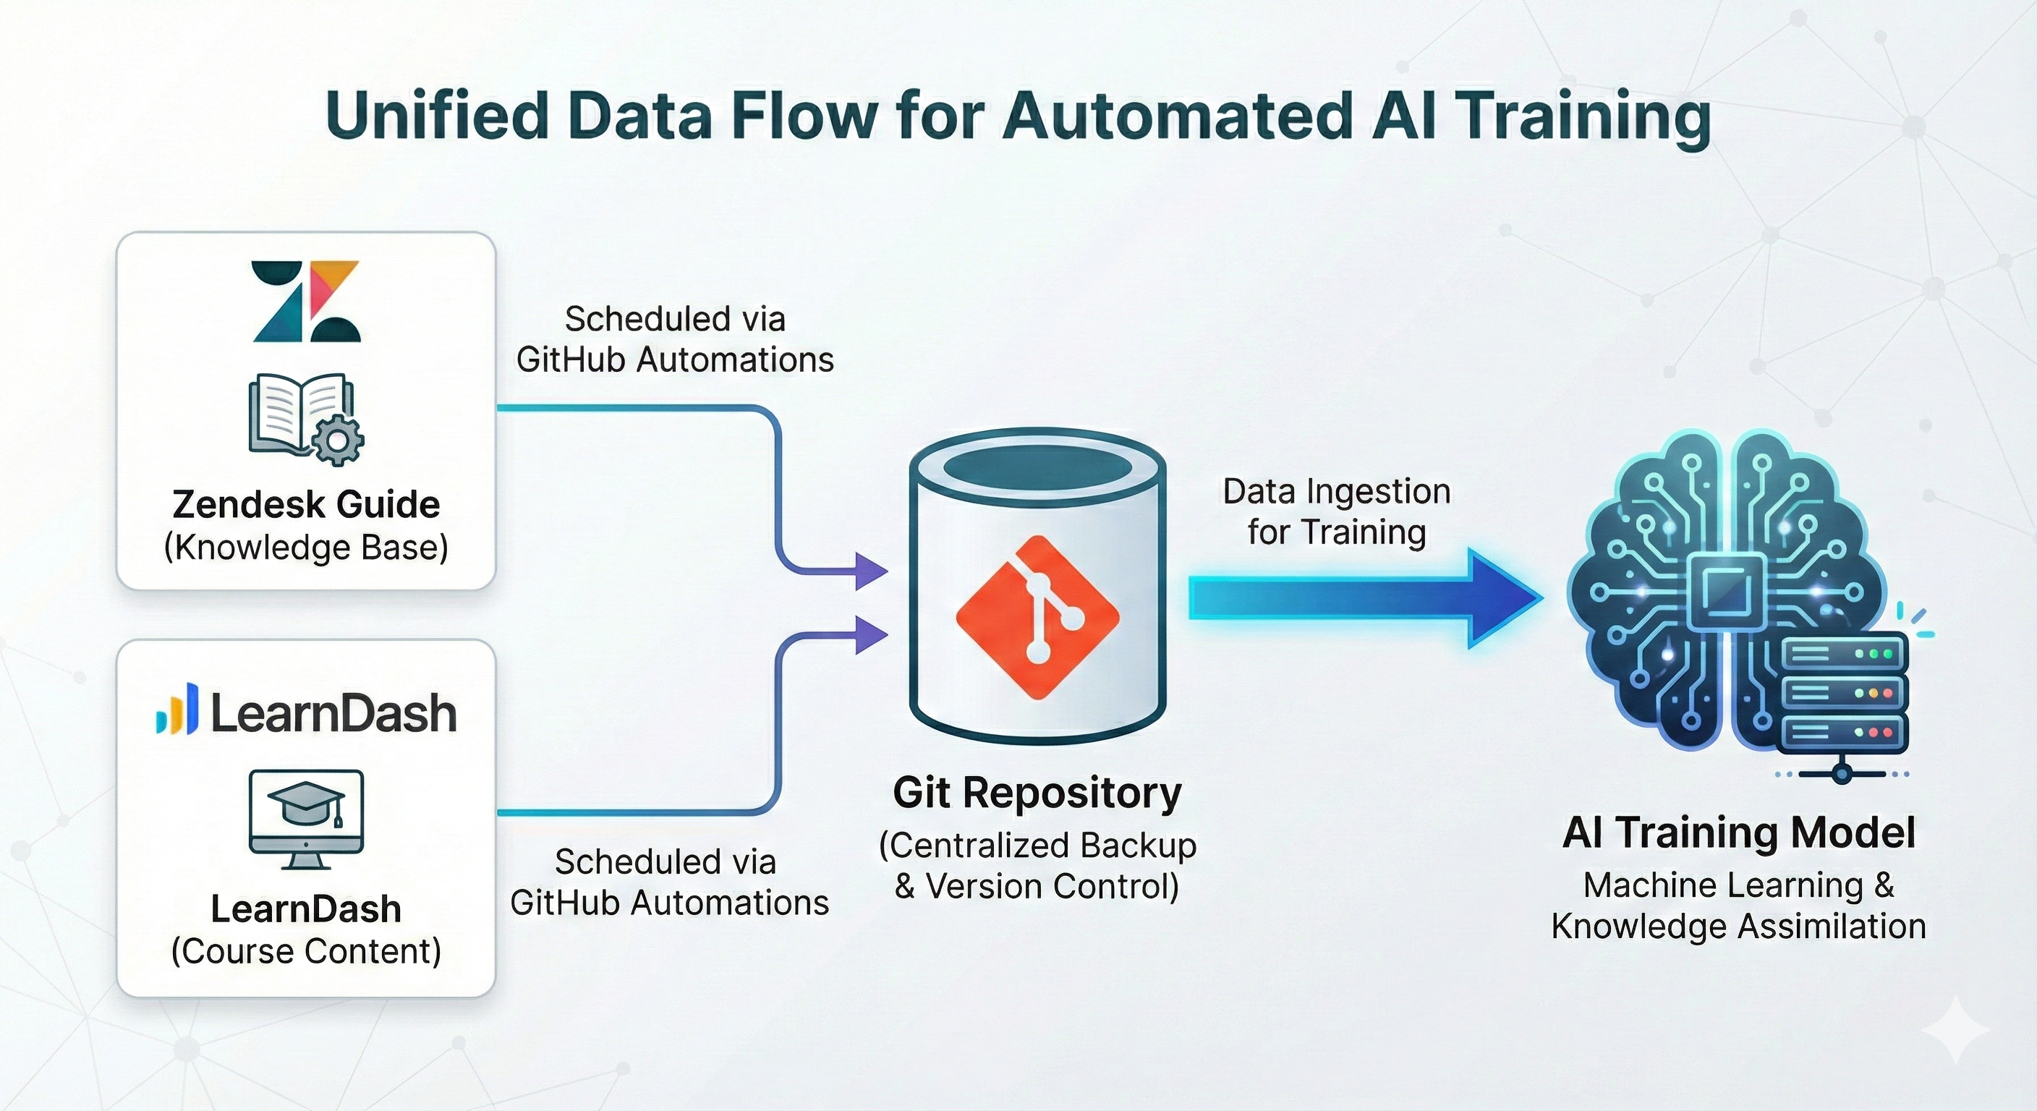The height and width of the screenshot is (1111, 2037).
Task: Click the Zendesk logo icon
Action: pos(306,302)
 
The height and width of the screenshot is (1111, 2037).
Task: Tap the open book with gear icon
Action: pos(306,418)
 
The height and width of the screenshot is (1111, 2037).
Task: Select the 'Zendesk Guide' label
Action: pos(306,504)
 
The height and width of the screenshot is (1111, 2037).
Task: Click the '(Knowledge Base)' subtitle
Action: pos(306,548)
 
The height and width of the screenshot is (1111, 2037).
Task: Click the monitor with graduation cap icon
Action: pos(306,819)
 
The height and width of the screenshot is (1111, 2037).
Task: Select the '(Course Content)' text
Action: pos(306,950)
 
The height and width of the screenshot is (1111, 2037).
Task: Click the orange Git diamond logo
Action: pos(1037,618)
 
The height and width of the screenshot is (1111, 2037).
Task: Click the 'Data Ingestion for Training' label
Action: pos(1336,511)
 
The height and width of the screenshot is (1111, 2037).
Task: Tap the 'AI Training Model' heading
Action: pos(1738,833)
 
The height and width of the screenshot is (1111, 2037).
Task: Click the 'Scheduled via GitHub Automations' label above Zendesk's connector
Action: pos(674,339)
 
